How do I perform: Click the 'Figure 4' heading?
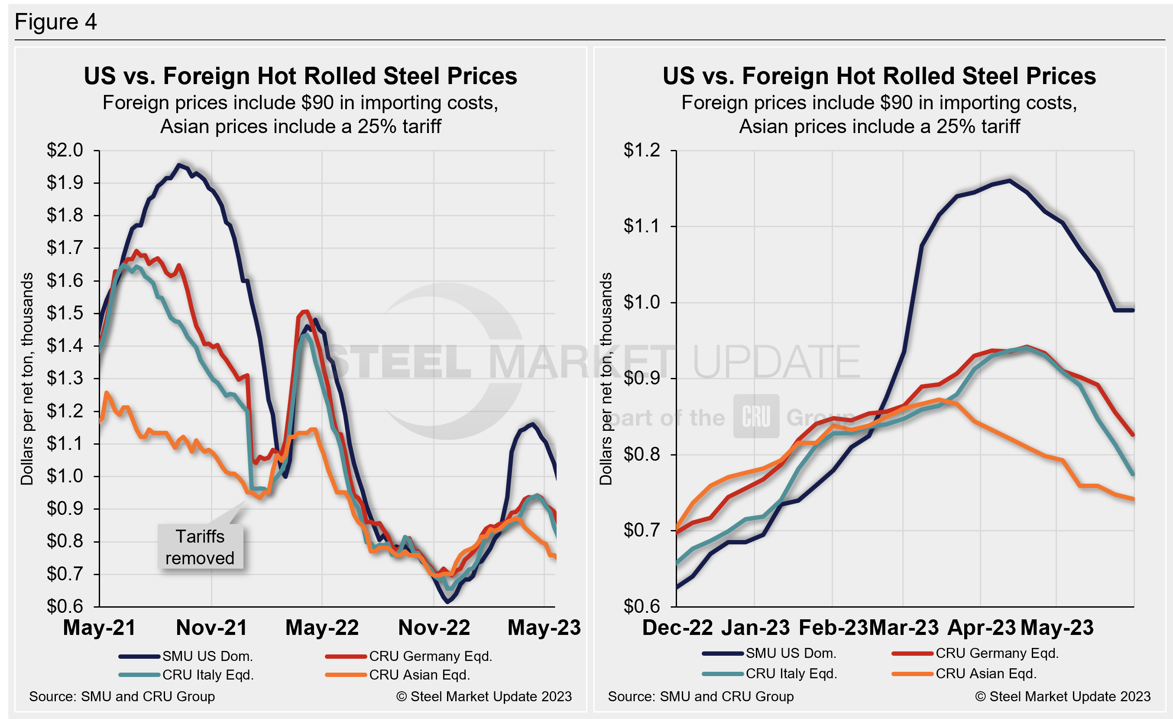[56, 22]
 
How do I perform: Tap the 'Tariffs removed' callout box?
[200, 547]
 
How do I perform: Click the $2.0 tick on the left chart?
[65, 150]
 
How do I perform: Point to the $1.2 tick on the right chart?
[642, 150]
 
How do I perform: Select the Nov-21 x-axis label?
[211, 628]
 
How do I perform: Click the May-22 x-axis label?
[322, 628]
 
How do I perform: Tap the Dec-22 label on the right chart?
[677, 628]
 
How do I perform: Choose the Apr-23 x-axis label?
[982, 628]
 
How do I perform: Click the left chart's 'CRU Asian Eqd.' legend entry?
[419, 675]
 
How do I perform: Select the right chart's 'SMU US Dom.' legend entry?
[790, 653]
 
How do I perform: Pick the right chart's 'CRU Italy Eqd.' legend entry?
[791, 674]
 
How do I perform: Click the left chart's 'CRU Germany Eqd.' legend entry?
[430, 656]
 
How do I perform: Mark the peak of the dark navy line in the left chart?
[179, 165]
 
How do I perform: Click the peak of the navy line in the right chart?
[1009, 180]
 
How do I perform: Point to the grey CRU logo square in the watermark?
[756, 416]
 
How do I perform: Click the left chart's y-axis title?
[27, 378]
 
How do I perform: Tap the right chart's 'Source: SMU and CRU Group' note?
[700, 696]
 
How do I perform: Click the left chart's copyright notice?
[484, 696]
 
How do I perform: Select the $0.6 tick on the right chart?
[642, 606]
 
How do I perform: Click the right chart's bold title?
[879, 76]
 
